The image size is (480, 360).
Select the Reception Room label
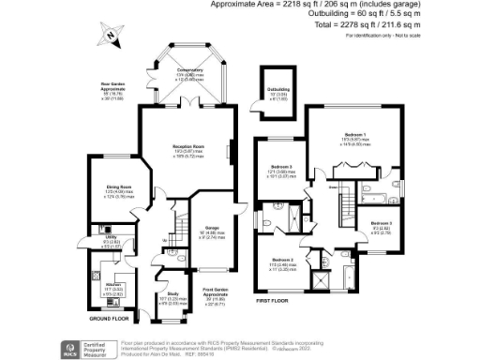(x=187, y=148)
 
